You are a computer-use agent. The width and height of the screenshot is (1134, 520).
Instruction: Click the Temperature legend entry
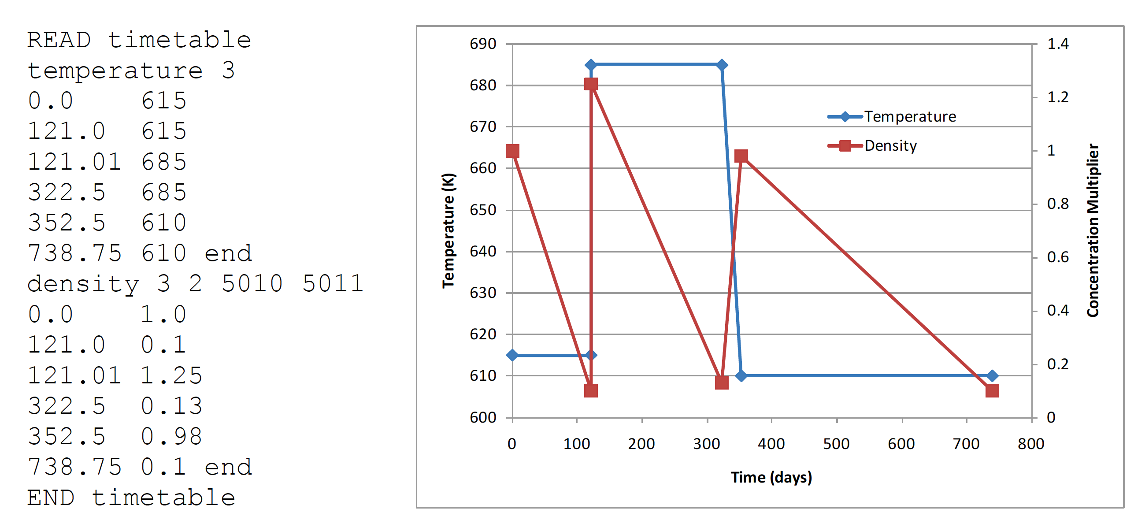click(x=909, y=117)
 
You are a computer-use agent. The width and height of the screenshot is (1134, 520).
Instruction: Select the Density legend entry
click(x=890, y=146)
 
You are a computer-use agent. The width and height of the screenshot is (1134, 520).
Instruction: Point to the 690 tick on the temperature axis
click(x=483, y=44)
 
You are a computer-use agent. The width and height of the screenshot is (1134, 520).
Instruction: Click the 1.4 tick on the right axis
click(x=1058, y=44)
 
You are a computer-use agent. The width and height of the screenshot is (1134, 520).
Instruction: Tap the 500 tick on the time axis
click(x=836, y=444)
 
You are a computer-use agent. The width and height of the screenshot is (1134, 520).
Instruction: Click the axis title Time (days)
click(x=771, y=477)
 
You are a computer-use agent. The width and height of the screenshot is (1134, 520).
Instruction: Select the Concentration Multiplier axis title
click(x=1093, y=230)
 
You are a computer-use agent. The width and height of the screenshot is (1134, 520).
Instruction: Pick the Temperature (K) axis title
click(x=448, y=230)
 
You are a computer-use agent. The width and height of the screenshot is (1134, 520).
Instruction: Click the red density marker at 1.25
click(x=591, y=84)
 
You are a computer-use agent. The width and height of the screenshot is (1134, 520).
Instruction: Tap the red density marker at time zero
click(x=512, y=151)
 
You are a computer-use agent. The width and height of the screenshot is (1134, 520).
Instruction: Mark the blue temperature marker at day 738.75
click(x=992, y=376)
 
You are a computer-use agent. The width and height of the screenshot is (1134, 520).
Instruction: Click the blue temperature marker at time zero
click(x=512, y=355)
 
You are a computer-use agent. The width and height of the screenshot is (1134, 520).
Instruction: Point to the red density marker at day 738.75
click(x=992, y=391)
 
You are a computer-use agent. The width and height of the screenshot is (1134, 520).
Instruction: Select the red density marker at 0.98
click(x=741, y=156)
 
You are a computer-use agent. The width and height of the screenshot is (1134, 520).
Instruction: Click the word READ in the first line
click(x=59, y=41)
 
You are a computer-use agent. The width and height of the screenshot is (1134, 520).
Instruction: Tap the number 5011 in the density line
click(x=333, y=283)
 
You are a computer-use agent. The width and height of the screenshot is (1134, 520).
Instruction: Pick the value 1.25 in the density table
click(x=171, y=375)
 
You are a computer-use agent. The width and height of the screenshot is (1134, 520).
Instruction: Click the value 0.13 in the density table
click(x=171, y=406)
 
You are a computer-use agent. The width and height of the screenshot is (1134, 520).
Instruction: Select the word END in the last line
click(x=51, y=498)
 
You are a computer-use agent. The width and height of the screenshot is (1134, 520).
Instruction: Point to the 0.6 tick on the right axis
click(x=1058, y=257)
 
